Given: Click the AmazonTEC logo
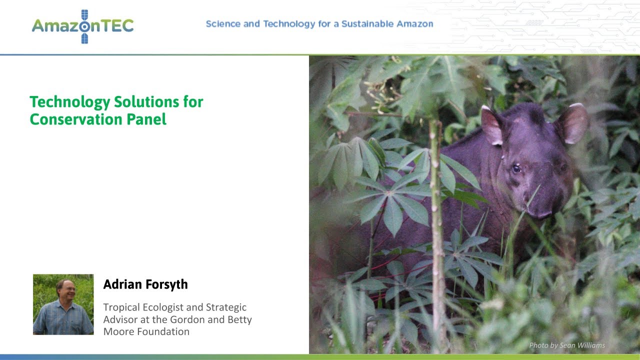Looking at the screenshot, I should point(82,25).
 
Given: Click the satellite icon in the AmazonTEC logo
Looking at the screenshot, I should point(84,26).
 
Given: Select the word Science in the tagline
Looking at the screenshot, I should point(223,24).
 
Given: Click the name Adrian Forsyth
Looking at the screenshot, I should point(145,284).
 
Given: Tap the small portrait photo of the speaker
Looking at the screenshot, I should point(63,304).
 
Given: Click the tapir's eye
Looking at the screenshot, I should point(516,168).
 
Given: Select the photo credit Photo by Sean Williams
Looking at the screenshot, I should point(567,345).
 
